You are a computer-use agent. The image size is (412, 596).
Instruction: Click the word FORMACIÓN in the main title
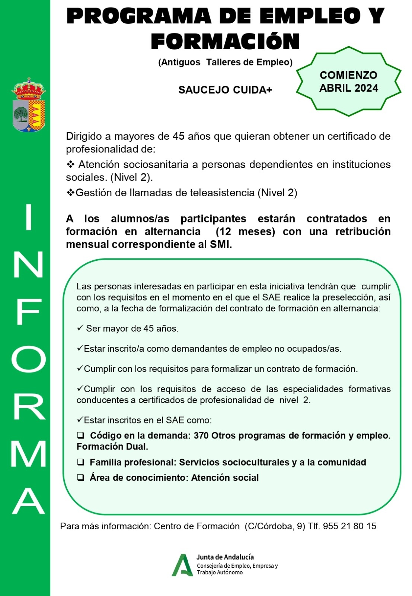[225, 41]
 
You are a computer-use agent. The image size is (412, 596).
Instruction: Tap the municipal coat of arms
[29, 105]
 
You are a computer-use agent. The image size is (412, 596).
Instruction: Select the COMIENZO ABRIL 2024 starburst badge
[348, 82]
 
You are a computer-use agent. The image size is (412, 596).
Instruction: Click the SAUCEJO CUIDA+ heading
[225, 90]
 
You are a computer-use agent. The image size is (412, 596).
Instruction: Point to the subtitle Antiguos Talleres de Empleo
[225, 62]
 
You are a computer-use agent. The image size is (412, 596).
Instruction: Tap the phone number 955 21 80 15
[349, 526]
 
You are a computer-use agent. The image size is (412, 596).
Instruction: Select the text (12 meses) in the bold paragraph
[245, 232]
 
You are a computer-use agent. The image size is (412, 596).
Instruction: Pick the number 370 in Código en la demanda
[201, 436]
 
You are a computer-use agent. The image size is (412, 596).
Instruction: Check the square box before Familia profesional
[80, 462]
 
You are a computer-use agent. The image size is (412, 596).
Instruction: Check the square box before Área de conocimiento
[80, 478]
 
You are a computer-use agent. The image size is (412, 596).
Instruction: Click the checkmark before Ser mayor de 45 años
[80, 328]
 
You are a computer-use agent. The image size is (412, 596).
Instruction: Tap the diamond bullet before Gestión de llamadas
[70, 193]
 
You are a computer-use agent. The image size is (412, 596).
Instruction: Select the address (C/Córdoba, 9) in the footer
[275, 526]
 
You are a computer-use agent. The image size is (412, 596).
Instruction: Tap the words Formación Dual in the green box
[112, 447]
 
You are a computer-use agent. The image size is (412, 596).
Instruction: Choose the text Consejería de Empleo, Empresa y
[237, 566]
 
